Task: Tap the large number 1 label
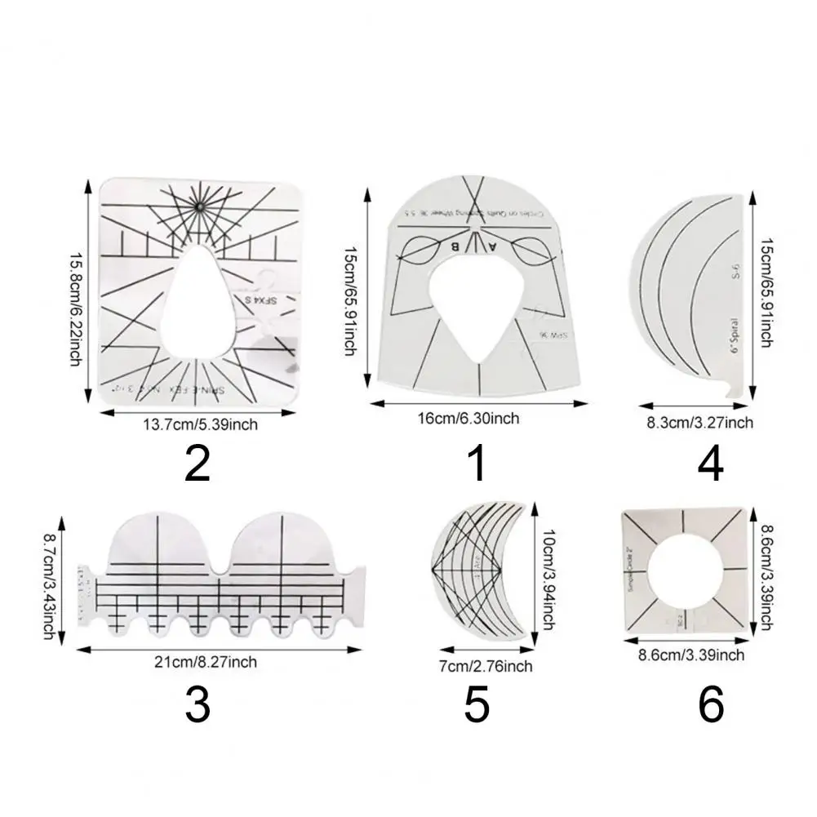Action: pyautogui.click(x=477, y=464)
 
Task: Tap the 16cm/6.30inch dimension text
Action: pyautogui.click(x=477, y=418)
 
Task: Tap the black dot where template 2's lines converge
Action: pyautogui.click(x=198, y=208)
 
